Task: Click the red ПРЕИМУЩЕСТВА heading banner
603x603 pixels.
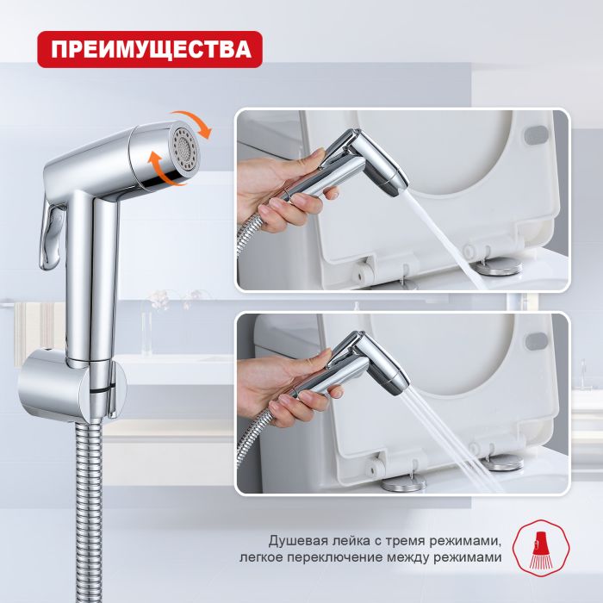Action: [148, 48]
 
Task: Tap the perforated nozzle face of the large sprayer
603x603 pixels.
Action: [185, 147]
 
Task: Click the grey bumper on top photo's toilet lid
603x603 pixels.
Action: [535, 135]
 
